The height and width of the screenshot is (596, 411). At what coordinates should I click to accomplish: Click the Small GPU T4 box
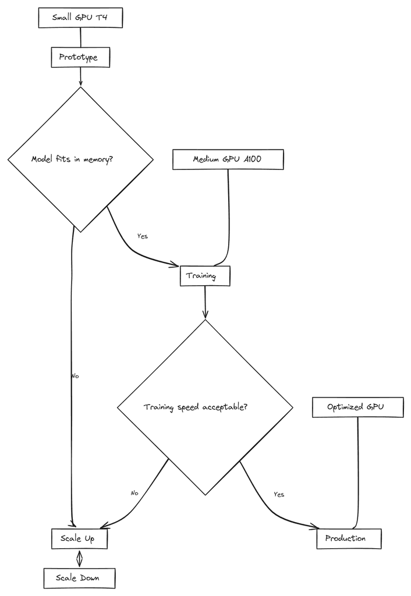[x=80, y=17]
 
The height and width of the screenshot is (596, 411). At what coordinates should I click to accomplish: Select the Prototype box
[x=80, y=57]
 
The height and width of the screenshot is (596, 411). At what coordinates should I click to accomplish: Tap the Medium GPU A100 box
[x=228, y=159]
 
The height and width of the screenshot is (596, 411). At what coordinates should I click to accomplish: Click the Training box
[x=204, y=276]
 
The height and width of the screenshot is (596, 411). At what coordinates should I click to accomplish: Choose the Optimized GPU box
[x=357, y=407]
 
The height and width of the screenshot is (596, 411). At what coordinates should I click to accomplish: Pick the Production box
[x=348, y=538]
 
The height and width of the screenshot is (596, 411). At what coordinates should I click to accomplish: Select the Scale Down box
[x=79, y=578]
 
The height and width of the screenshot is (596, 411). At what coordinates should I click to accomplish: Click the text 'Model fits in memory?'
[x=72, y=159]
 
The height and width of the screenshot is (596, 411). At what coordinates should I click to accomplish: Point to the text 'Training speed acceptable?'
[x=196, y=407]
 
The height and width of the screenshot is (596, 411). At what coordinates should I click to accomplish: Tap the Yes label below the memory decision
[x=142, y=236]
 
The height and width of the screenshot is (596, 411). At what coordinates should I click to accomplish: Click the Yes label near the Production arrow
[x=279, y=494]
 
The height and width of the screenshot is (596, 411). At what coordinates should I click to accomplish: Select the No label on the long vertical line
[x=75, y=376]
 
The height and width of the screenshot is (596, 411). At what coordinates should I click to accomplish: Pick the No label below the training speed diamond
[x=134, y=493]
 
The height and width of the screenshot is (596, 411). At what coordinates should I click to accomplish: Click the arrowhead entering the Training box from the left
[x=175, y=265]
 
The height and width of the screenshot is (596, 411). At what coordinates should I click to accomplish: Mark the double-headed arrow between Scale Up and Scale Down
[x=80, y=558]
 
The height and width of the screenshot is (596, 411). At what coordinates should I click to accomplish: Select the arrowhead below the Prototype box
[x=80, y=83]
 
